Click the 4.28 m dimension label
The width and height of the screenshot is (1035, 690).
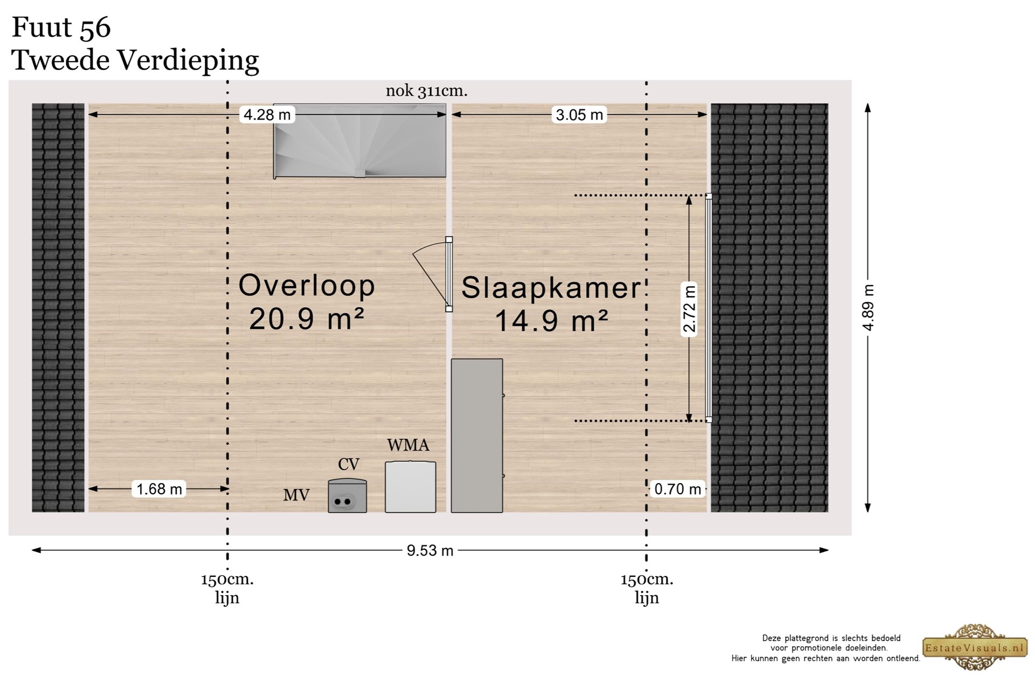(x=267, y=114)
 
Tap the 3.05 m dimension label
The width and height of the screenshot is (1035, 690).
(x=579, y=114)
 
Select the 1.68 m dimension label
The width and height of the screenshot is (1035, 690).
(x=159, y=489)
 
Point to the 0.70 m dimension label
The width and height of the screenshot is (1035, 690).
(x=678, y=489)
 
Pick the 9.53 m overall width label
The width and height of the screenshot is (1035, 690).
(x=430, y=550)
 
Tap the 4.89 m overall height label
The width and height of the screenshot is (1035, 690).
(x=868, y=307)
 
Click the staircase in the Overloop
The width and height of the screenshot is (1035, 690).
(x=360, y=141)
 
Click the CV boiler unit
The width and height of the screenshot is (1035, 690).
(x=347, y=495)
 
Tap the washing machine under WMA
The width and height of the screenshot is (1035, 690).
(x=410, y=487)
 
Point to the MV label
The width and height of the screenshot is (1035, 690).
(x=296, y=495)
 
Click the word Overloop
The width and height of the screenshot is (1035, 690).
(x=307, y=286)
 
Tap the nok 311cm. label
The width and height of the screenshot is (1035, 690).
(x=426, y=91)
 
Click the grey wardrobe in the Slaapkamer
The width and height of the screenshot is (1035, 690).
(x=477, y=436)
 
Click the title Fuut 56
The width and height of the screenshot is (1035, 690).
(x=61, y=27)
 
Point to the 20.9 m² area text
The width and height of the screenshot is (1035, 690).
(x=307, y=319)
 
